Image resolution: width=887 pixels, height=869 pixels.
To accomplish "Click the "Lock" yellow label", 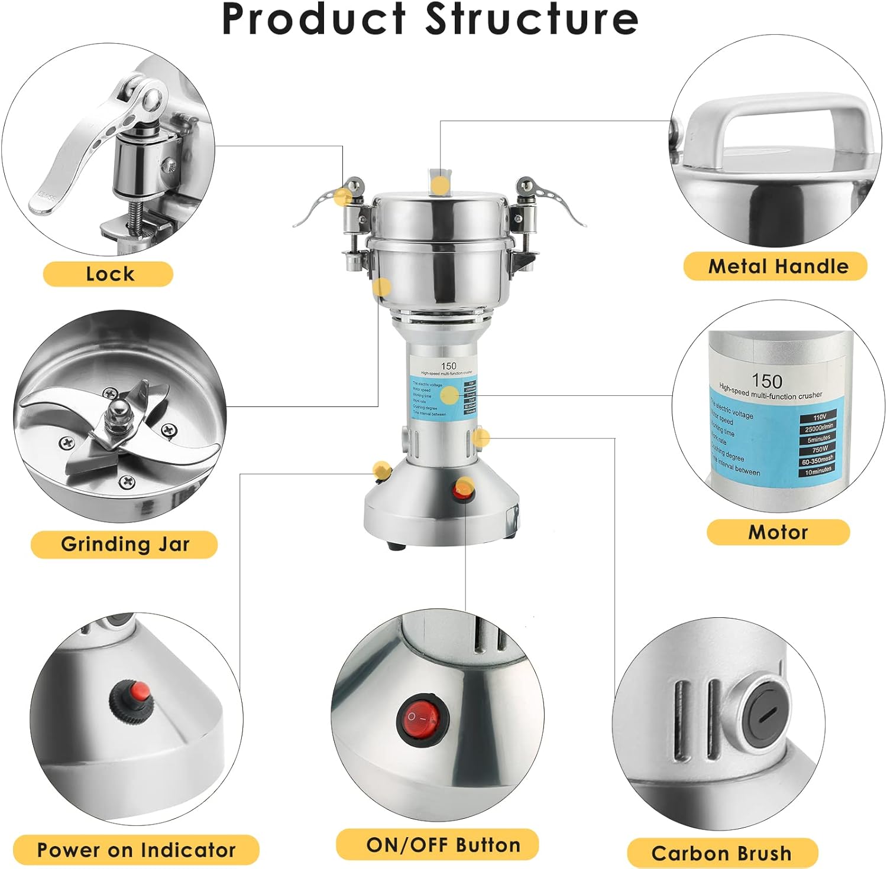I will point(109,274).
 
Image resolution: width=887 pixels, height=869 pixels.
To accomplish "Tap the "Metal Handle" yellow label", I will point(778,266).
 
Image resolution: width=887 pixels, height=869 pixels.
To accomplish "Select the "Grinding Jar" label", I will point(125,544).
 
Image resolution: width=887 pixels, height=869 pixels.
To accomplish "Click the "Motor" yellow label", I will point(778,532).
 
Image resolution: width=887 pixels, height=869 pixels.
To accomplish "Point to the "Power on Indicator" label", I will point(136,850).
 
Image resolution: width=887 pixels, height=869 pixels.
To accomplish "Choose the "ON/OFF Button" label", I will point(443,845).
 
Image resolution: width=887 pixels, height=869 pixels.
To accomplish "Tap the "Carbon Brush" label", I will point(721,853).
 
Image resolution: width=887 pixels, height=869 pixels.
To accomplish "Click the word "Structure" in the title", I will point(532,19).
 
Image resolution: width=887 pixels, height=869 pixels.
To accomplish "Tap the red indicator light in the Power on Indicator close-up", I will point(140,689).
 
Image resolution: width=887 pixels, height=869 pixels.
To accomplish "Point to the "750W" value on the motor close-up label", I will point(820,449).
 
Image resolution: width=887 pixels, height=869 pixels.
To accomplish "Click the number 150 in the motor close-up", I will point(767,381).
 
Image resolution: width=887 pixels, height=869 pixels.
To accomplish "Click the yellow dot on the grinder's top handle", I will point(439,185).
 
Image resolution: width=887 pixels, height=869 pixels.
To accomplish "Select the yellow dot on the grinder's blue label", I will point(449,395).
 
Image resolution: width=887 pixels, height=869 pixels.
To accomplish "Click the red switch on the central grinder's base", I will point(463,490).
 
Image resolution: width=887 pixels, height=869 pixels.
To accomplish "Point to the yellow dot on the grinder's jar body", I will point(382,288).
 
